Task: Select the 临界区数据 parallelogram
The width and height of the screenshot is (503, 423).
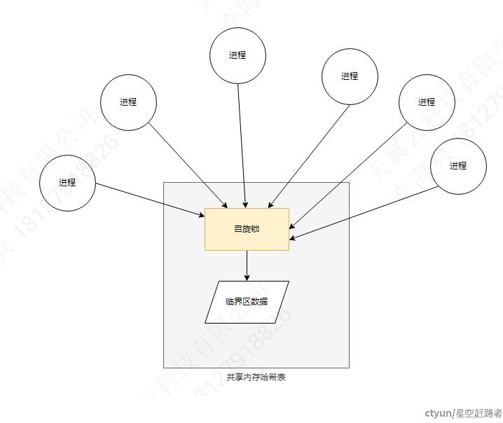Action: (247, 302)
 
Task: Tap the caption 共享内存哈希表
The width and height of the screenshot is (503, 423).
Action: (256, 377)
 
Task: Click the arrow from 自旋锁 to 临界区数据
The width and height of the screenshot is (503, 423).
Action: (247, 265)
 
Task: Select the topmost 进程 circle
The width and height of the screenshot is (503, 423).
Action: (237, 55)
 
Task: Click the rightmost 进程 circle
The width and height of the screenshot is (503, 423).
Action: (458, 166)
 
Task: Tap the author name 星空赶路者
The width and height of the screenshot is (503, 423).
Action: (479, 413)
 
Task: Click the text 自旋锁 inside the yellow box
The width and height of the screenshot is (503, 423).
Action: (247, 229)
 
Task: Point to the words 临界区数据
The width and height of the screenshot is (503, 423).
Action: (247, 302)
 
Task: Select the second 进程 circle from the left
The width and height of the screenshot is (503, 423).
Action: (128, 102)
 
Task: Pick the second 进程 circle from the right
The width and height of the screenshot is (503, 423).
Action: (427, 102)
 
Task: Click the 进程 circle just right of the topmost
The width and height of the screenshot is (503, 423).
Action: (350, 76)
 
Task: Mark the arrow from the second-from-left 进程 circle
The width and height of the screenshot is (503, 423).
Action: (188, 166)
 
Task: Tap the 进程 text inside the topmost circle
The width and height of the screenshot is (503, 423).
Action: (237, 55)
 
